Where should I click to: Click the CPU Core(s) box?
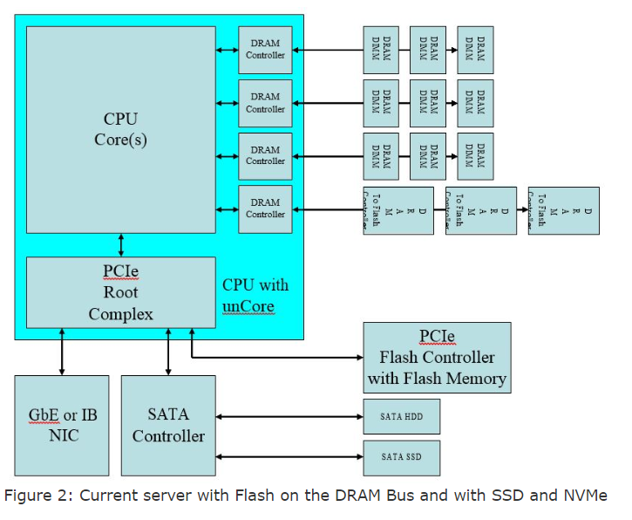120,129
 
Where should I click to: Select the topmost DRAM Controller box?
265,50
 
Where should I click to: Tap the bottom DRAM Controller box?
265,209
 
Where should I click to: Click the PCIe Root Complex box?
120,292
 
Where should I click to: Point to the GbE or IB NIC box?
62,424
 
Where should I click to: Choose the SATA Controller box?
168,424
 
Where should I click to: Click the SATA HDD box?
402,416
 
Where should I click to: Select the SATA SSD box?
402,456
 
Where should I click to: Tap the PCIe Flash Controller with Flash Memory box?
437,357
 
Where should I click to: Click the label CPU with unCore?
255,296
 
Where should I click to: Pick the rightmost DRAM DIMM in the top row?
475,50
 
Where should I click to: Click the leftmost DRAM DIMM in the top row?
381,50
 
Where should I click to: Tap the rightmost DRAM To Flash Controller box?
563,210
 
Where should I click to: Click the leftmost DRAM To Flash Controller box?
398,210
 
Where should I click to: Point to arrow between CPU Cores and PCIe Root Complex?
120,245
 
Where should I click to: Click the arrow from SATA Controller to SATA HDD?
289,416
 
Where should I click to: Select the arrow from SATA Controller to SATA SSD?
289,456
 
